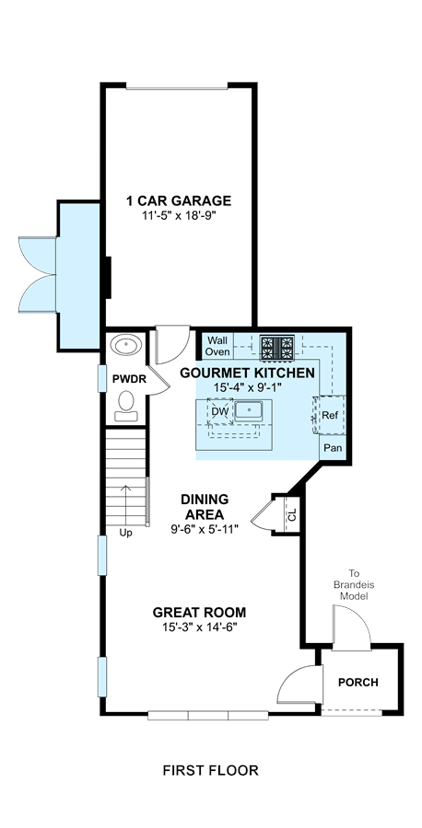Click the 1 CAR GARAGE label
coord(178,201)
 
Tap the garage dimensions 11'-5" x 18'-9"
coord(178,215)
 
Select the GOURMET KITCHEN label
coord(248,373)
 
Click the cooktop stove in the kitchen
coord(277,348)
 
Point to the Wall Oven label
coord(217,346)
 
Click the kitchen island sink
coord(249,410)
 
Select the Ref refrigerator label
coord(330,416)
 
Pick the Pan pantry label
coord(333,449)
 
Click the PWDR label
coord(125,379)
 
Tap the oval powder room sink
coord(126,345)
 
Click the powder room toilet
coord(126,405)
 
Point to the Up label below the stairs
coord(125,534)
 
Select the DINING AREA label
coord(205,506)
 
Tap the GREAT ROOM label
coord(199,613)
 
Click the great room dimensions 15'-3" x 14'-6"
coord(199,627)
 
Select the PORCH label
coord(358,683)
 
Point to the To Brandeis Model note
coord(354,584)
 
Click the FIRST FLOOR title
coord(210,770)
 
